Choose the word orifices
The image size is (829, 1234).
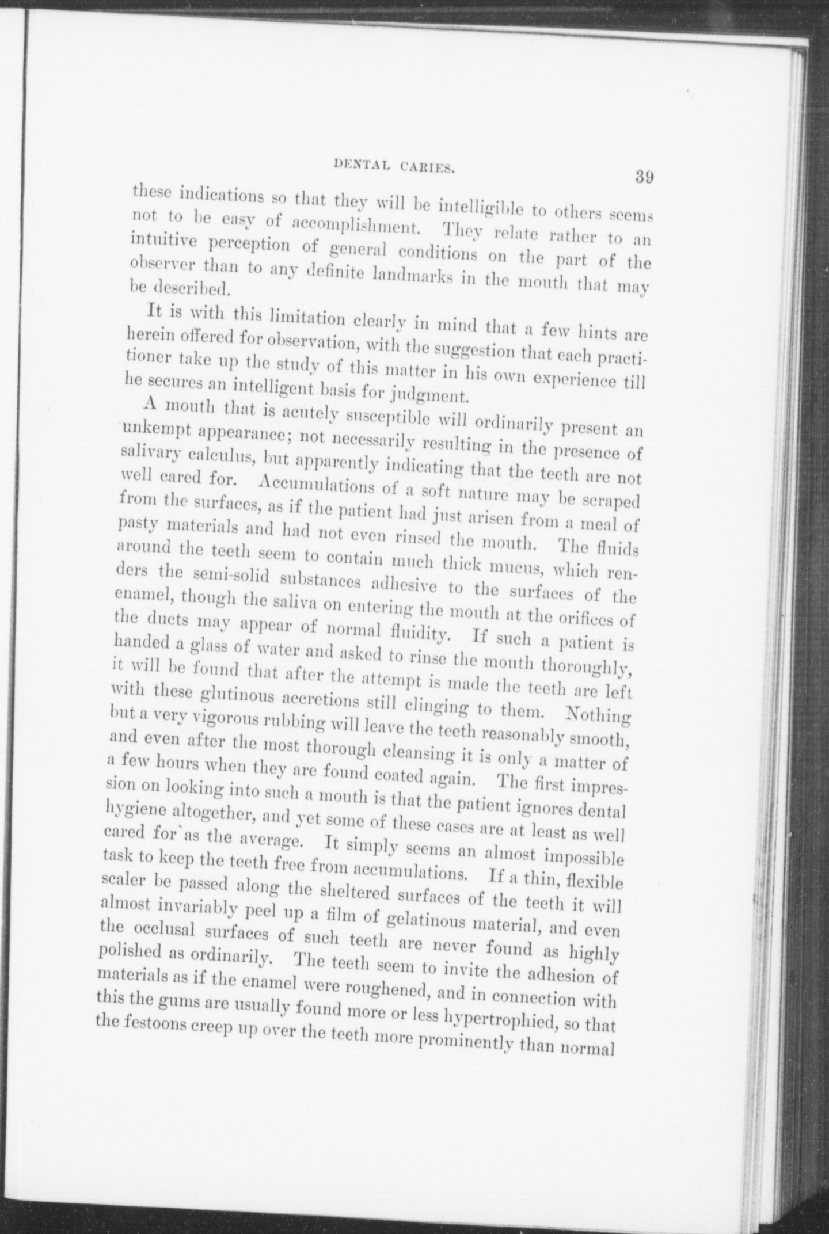pos(592,620)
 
